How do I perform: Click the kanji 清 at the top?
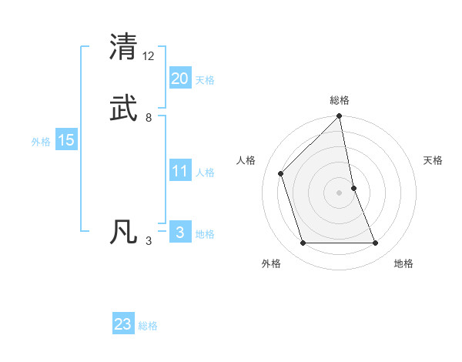coord(123,47)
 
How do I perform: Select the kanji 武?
coord(123,109)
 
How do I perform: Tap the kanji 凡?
coord(123,232)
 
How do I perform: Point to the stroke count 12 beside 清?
coord(149,56)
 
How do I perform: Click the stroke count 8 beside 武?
coord(149,118)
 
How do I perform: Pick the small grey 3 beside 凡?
coord(149,241)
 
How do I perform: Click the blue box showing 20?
coord(180,78)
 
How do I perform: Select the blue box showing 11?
coord(180,171)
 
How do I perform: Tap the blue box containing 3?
coord(180,233)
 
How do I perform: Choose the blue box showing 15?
coord(66,140)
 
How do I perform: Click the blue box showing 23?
coord(123,324)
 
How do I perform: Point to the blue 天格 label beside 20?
coord(205,80)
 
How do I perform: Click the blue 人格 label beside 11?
coord(205,173)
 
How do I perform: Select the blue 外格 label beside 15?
coord(41,142)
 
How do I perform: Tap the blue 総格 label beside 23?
coord(148,326)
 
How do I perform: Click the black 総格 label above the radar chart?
coord(340,100)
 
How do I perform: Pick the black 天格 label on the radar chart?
coord(433,160)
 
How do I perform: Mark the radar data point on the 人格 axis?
coord(282,173)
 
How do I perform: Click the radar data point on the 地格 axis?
coord(376,243)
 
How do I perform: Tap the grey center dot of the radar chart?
coord(340,193)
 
